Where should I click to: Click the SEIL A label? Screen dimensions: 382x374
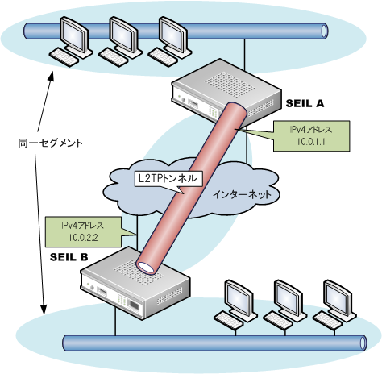click(305, 103)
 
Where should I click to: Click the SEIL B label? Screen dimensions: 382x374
click(69, 257)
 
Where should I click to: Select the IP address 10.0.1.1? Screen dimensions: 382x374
click(311, 142)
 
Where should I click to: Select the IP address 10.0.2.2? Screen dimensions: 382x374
click(83, 238)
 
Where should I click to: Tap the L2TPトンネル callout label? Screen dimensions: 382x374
click(168, 178)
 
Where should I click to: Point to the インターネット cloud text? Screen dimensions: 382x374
click(242, 194)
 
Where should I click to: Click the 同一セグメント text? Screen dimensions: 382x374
click(50, 143)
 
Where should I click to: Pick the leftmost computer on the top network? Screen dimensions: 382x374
click(71, 41)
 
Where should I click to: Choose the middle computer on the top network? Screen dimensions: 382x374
click(121, 41)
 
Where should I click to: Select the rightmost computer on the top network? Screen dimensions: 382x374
click(170, 41)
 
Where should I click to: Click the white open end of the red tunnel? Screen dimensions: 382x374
click(147, 267)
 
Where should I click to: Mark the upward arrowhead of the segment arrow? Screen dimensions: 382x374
click(52, 76)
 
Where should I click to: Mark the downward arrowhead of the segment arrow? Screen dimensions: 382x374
click(43, 309)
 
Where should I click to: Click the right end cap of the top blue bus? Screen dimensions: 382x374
click(325, 31)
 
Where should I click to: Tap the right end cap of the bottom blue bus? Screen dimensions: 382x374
click(363, 343)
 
